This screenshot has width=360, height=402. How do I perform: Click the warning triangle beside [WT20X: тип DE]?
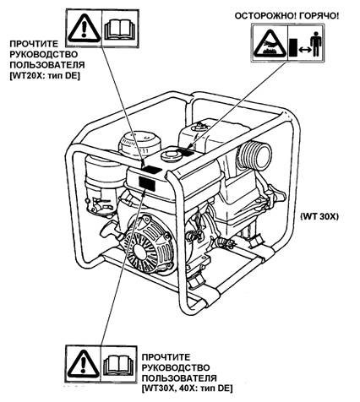84,28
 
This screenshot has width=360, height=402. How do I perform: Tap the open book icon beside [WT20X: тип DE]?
120,29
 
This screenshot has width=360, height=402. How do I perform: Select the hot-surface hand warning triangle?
270,43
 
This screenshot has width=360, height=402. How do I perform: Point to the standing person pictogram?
316,43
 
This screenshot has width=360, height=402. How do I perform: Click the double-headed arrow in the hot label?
304,50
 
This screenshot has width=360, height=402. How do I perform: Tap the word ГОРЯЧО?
319,16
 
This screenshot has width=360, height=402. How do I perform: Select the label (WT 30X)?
319,216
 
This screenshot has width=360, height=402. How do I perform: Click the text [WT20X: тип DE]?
45,76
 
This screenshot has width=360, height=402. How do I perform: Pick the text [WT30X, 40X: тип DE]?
188,388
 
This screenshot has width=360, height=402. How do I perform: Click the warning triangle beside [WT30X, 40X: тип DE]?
84,364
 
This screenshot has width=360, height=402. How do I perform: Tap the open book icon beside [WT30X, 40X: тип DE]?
119,365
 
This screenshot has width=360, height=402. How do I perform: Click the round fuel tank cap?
171,155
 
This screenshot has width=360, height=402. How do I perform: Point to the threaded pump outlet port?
255,155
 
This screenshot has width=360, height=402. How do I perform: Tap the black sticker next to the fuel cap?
187,153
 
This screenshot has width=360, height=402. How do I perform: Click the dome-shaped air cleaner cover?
140,142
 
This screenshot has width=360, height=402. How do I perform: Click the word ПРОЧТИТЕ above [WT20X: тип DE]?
34,44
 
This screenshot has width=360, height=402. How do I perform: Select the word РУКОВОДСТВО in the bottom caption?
176,367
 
